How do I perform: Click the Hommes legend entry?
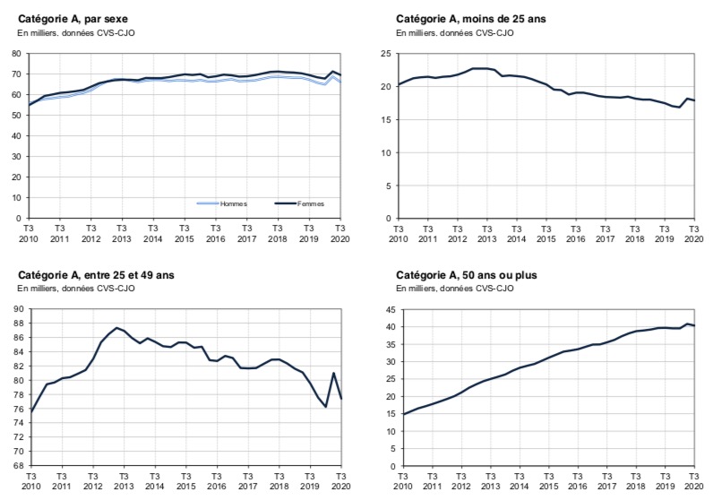(x=229, y=203)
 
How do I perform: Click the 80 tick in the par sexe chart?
(x=16, y=54)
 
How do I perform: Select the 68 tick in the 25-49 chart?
(x=16, y=466)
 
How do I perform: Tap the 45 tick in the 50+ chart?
(x=389, y=310)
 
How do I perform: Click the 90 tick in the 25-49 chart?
(x=16, y=310)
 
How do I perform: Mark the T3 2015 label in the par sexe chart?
(x=183, y=234)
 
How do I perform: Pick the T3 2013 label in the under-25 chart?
(x=486, y=234)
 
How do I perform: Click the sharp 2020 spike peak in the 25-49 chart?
(x=333, y=374)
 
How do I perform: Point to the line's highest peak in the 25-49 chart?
(x=117, y=328)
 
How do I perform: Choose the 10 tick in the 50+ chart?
(x=389, y=432)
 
